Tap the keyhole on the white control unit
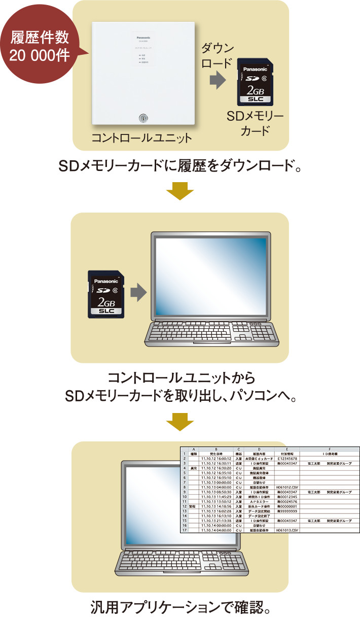tap(142, 118)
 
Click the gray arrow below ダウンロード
tap(217, 79)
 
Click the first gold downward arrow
tap(179, 193)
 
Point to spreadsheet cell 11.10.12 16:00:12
tap(216, 459)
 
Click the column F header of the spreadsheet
tap(330, 449)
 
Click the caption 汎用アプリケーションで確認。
tap(179, 606)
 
